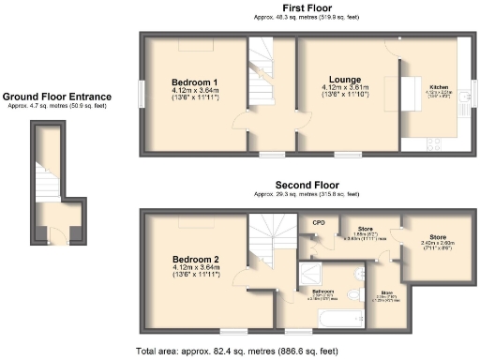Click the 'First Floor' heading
point(306,7)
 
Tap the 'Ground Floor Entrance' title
point(57,96)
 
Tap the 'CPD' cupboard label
point(319,223)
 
